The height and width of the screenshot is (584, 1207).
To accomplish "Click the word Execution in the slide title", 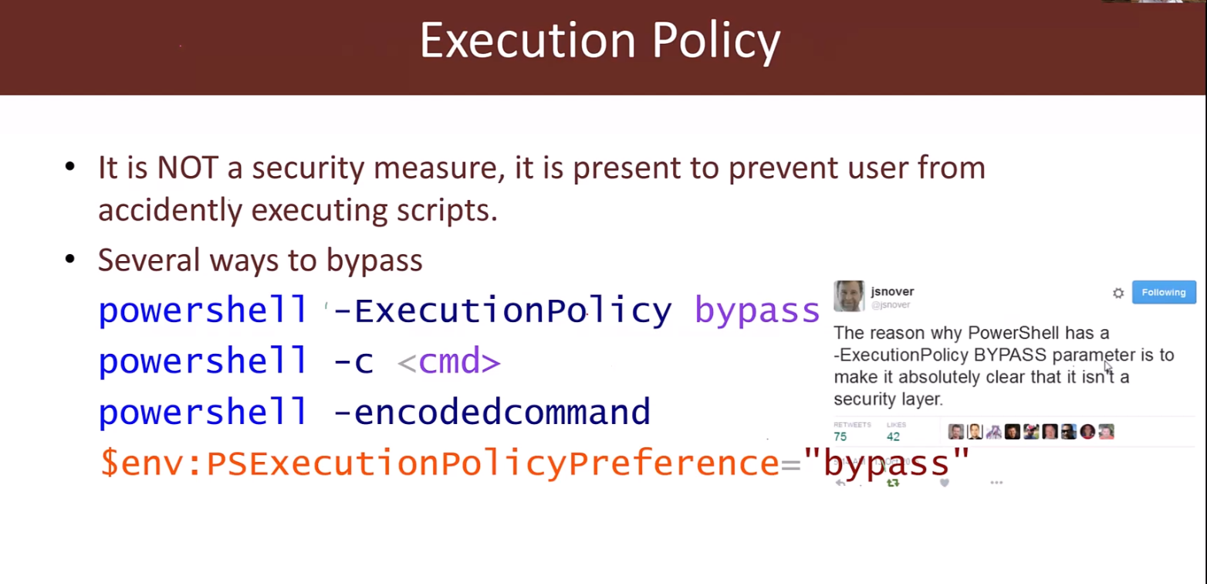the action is tap(528, 40).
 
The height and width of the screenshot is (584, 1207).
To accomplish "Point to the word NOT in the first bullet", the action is tap(188, 168).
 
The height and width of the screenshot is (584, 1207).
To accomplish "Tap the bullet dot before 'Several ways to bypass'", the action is tap(70, 260).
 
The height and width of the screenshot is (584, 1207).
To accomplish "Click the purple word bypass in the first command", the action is tap(757, 311).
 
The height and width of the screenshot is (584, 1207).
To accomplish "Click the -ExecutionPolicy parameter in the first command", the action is tap(502, 311).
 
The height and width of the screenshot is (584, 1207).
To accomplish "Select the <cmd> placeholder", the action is tap(449, 362).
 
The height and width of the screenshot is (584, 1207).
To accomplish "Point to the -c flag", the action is tap(353, 362).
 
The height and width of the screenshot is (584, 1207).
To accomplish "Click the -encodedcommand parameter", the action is tap(492, 412).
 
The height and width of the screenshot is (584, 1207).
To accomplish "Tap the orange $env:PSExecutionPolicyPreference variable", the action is tap(440, 463).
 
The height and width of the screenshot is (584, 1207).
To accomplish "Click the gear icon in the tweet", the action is tap(1118, 293).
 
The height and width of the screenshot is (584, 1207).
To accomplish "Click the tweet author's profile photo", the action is tap(849, 296).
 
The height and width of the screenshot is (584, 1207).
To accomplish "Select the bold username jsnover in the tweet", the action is tap(892, 292).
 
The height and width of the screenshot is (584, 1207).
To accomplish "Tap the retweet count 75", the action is tap(840, 436).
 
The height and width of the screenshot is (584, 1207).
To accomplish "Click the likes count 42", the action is tap(894, 436).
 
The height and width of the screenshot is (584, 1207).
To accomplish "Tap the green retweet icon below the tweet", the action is tap(893, 483).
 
